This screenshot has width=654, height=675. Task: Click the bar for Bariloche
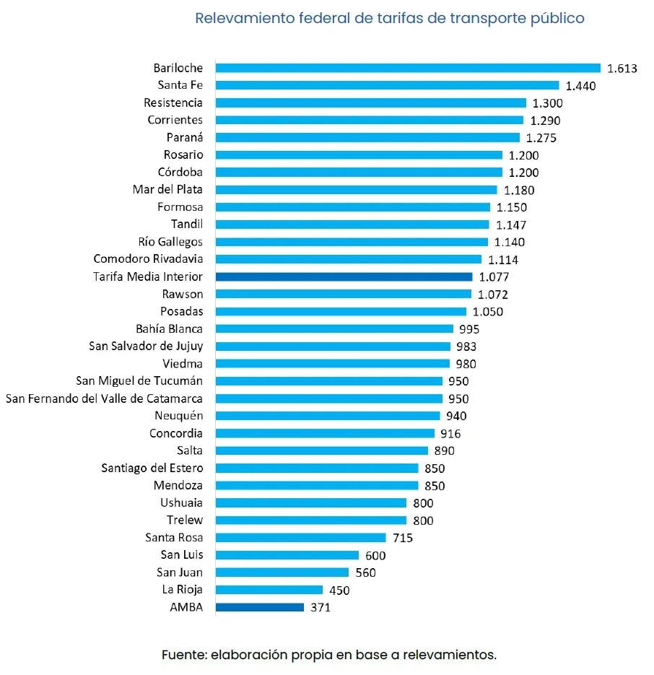click(408, 68)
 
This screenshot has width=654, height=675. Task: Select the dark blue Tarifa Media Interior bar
click(344, 276)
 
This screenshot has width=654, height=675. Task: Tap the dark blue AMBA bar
click(260, 607)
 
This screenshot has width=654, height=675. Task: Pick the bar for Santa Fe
click(387, 85)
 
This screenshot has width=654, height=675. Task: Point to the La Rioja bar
click(269, 590)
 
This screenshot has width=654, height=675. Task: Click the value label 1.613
click(622, 69)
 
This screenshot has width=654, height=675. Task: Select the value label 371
click(321, 608)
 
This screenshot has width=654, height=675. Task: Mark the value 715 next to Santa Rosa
click(403, 538)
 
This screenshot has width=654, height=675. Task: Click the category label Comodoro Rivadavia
click(148, 259)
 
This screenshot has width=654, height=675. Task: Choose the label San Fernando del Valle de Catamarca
click(104, 399)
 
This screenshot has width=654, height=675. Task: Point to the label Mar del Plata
click(167, 190)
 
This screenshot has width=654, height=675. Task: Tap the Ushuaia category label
click(181, 502)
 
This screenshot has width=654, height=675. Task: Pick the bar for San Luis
click(287, 555)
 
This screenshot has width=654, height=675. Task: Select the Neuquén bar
click(328, 416)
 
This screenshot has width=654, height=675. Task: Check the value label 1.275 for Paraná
click(541, 138)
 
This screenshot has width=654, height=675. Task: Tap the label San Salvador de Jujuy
click(146, 347)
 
